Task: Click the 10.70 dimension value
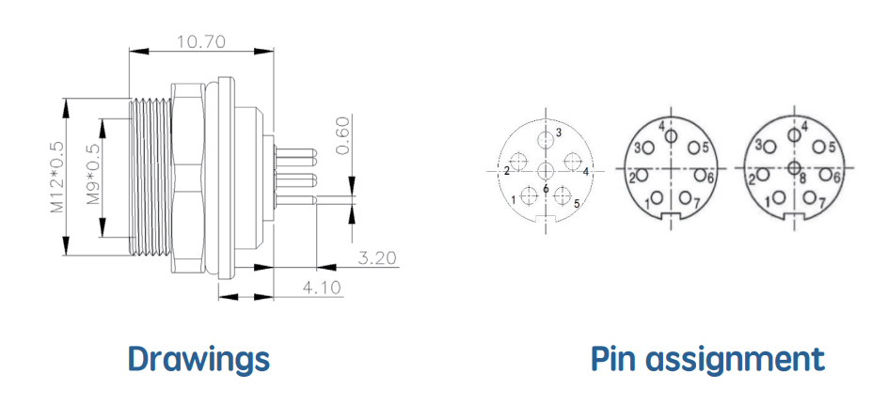coord(200,41)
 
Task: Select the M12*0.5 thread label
coord(57,177)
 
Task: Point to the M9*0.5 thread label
coord(92,174)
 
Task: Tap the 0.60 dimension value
coord(343,136)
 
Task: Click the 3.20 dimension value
coord(377,257)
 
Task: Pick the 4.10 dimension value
coord(322,288)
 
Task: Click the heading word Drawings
coord(199,359)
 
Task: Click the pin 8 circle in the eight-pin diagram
coord(795,167)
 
